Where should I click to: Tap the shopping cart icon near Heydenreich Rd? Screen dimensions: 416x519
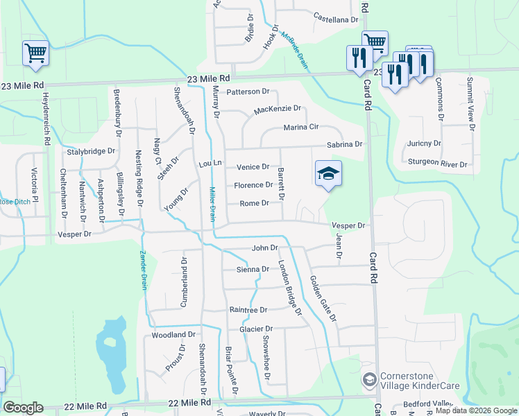click(35, 53)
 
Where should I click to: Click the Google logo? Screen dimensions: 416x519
click(23, 408)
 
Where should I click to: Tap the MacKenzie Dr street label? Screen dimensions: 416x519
click(278, 109)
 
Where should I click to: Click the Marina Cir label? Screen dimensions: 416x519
click(300, 128)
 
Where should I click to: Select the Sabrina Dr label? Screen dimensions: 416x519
click(345, 144)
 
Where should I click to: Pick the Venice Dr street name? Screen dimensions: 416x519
click(253, 167)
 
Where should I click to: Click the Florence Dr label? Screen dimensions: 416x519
click(253, 185)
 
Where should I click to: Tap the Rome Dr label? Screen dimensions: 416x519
click(254, 203)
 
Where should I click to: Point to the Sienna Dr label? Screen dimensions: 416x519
click(253, 269)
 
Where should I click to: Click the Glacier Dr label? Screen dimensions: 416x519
click(257, 329)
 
